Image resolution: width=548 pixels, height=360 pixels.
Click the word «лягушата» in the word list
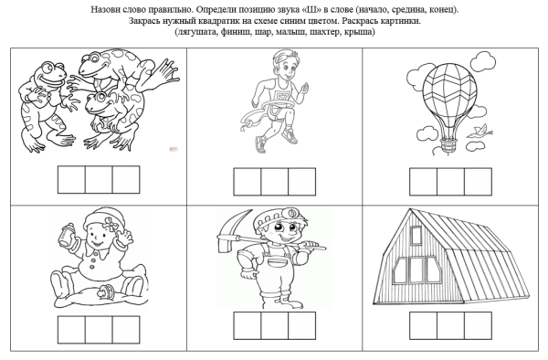(196, 32)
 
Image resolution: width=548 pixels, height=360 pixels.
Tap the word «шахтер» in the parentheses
(325, 32)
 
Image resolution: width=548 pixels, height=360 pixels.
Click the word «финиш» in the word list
(237, 32)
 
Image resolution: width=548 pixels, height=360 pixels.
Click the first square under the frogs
(71, 180)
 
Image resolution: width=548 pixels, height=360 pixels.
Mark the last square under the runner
(302, 182)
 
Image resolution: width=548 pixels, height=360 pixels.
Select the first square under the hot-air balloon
(423, 182)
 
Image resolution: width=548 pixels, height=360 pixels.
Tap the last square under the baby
(126, 330)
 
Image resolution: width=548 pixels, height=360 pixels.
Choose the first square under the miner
(248, 326)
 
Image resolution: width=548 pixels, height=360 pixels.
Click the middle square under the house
(451, 326)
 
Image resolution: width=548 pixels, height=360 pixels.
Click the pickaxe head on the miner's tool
(230, 229)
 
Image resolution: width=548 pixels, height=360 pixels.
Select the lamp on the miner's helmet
(290, 212)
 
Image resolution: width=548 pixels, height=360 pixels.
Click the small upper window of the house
(416, 235)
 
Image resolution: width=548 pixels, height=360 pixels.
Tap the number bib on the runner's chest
(280, 96)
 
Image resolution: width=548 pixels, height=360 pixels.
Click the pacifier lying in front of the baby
(106, 291)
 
